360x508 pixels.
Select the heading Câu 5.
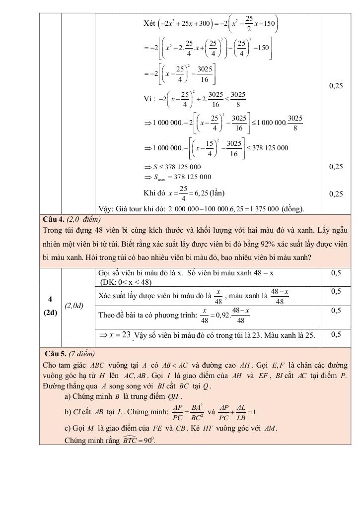pyautogui.click(x=55, y=354)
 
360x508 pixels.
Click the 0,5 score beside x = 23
pyautogui.click(x=336, y=334)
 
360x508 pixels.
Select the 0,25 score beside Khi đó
pyautogui.click(x=336, y=194)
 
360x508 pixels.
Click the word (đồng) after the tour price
pyautogui.click(x=292, y=209)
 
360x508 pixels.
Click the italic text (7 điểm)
pyautogui.click(x=81, y=354)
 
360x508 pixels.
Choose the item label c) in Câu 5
pyautogui.click(x=68, y=428)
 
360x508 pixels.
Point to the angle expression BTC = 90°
pyautogui.click(x=139, y=440)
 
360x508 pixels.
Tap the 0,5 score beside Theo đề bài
pyautogui.click(x=336, y=310)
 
